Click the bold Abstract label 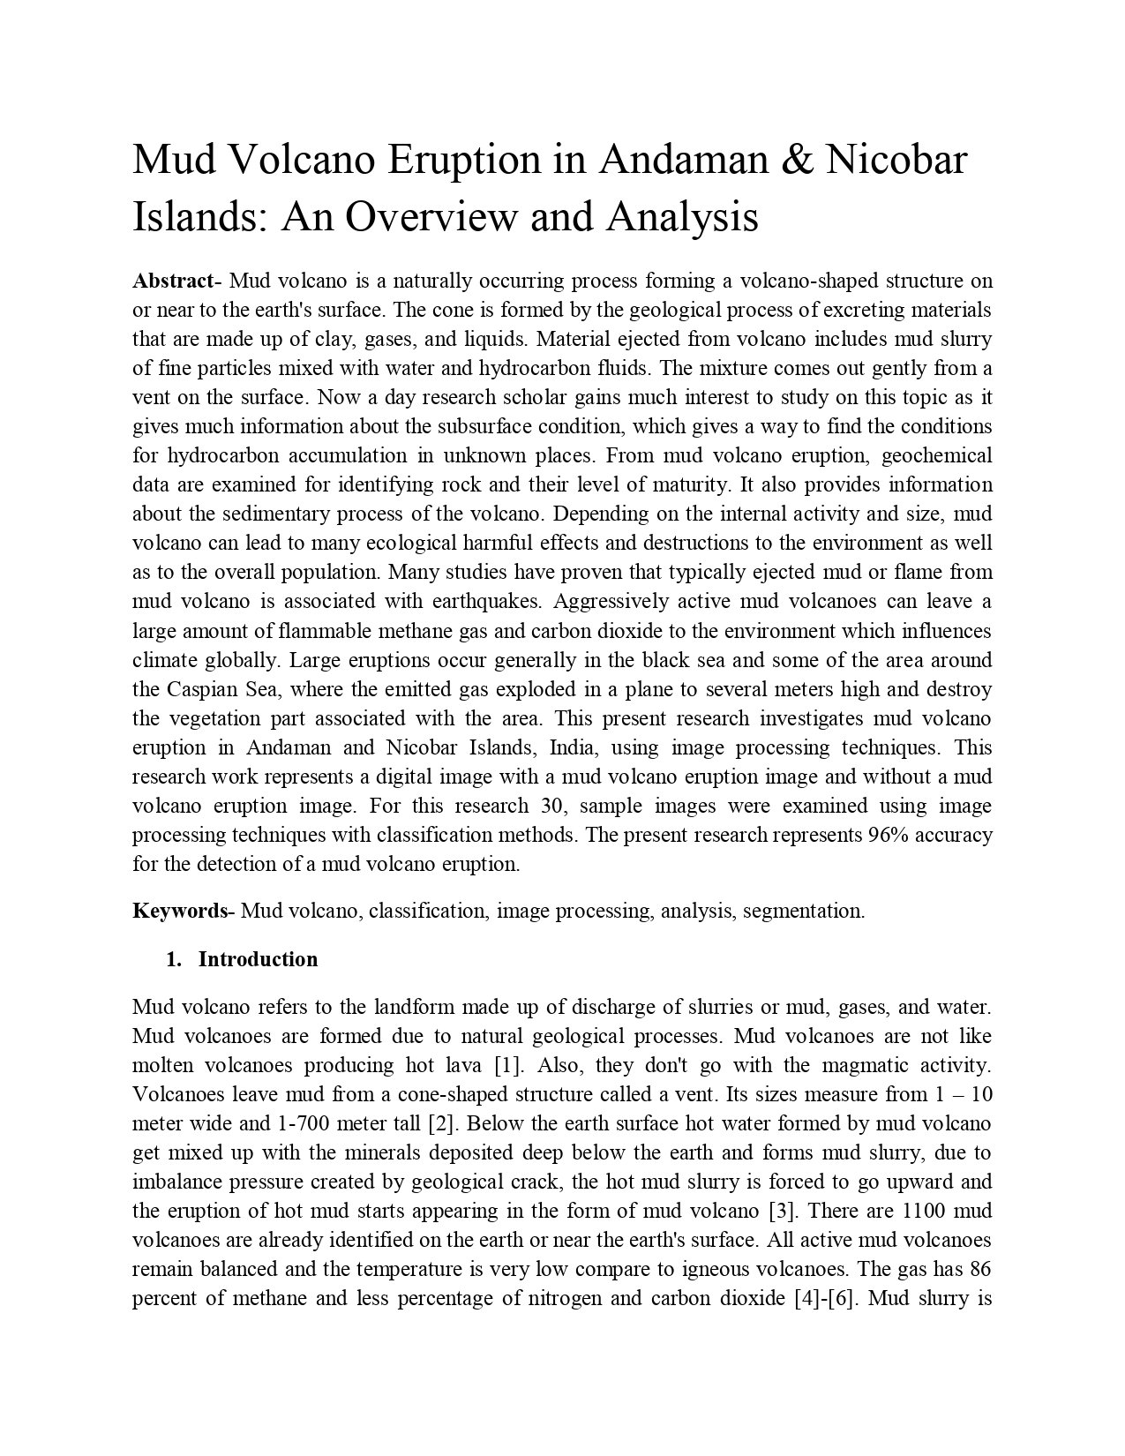click(173, 281)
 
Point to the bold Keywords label click(180, 911)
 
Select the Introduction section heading click(258, 959)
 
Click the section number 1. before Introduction click(174, 959)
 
